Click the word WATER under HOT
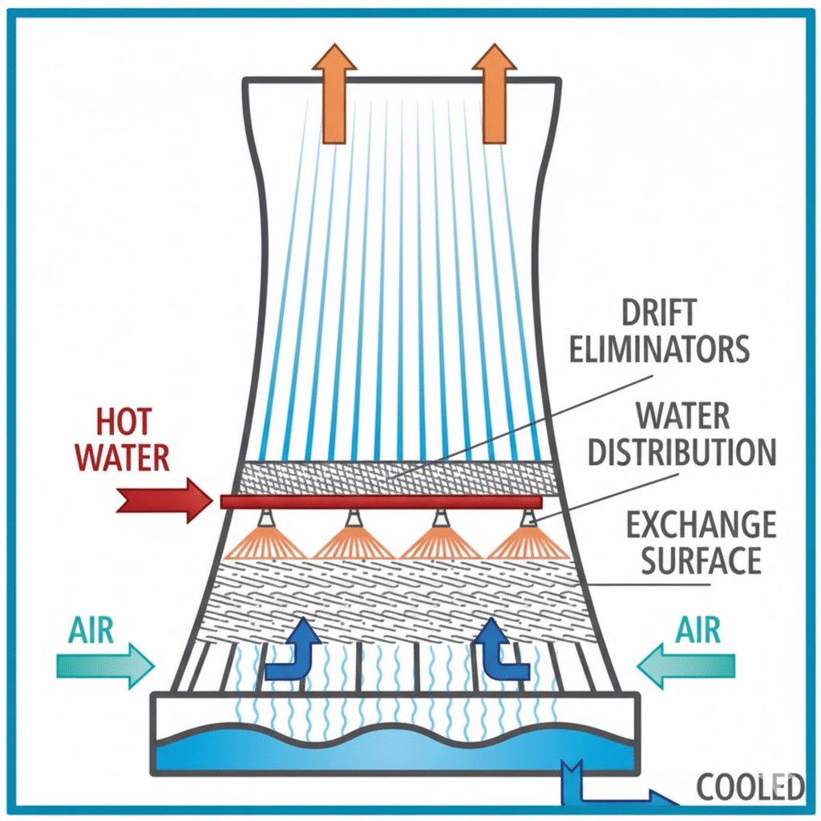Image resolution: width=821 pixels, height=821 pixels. point(125,457)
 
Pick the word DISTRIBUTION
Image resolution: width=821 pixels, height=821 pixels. point(681,452)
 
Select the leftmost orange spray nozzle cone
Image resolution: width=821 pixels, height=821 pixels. point(264,544)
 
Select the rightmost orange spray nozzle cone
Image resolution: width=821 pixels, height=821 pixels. point(528,544)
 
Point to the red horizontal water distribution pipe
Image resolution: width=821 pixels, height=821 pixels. point(381,502)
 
